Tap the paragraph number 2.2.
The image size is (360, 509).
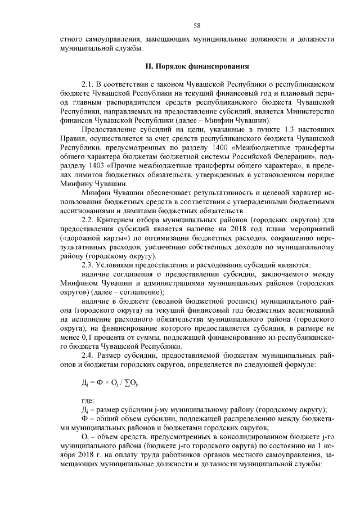pos(88,234)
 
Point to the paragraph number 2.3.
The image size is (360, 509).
pos(88,265)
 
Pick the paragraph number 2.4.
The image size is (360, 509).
pos(88,356)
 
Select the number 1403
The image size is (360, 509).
pos(98,166)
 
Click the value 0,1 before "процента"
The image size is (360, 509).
pos(80,339)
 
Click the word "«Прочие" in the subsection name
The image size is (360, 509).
pos(128,166)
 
